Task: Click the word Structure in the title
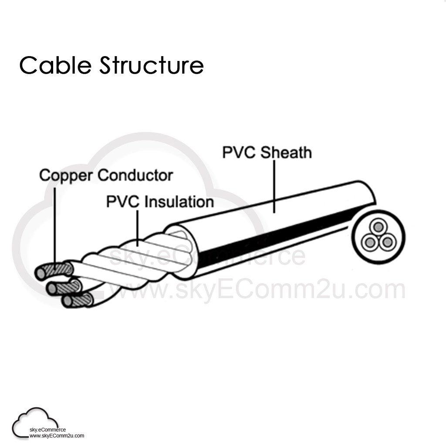point(151,65)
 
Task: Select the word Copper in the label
point(66,176)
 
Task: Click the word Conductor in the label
point(135,176)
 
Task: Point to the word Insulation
point(179,202)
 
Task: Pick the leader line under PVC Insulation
point(137,226)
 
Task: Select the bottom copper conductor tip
point(67,301)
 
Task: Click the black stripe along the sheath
point(279,235)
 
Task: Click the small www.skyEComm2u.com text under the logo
point(57,435)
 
